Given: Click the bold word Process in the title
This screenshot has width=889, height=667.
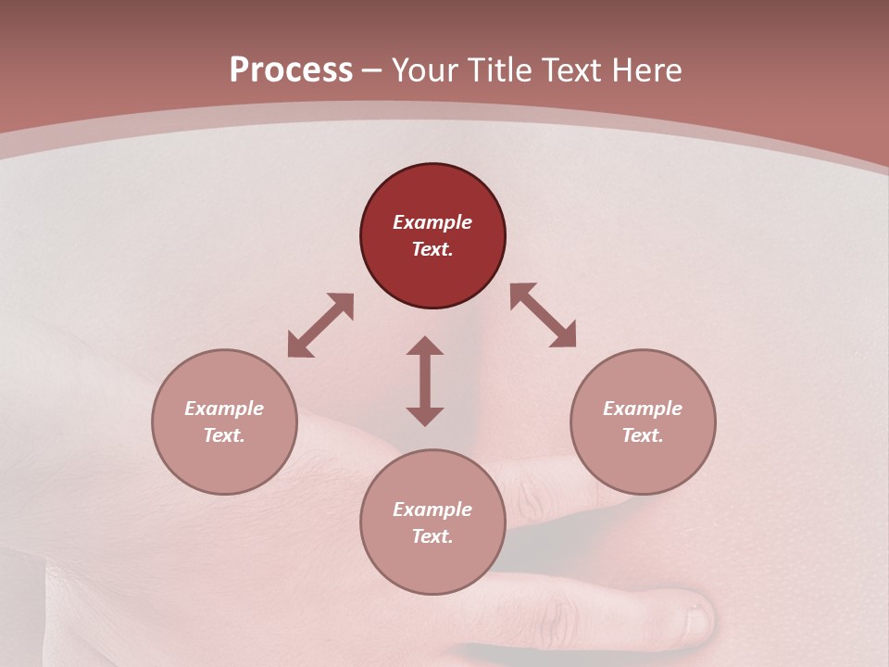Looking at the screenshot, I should point(291,70).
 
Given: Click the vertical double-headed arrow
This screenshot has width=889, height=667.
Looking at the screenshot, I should point(425,381).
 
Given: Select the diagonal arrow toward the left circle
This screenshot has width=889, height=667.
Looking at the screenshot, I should point(320,325).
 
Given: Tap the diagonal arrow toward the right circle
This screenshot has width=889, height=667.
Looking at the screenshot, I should point(544,315).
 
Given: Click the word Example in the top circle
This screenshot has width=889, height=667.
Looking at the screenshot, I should point(432,222).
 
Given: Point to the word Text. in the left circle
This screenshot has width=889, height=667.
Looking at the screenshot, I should point(224,435).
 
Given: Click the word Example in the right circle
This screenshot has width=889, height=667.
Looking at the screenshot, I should point(643,409).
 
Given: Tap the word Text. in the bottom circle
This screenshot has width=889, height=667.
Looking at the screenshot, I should point(432,536).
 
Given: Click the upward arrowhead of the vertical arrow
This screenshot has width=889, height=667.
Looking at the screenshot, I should point(425,346).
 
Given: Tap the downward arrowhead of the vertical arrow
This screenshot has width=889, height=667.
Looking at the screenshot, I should point(425,416).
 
